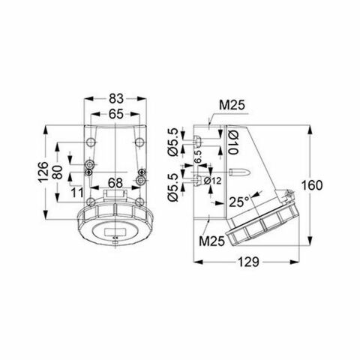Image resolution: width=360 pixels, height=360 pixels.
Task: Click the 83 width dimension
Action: click(115, 98)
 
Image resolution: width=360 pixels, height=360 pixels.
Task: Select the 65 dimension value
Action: click(115, 115)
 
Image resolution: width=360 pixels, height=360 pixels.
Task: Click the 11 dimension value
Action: click(76, 193)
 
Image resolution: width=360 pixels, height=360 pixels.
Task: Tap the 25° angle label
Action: click(239, 202)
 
